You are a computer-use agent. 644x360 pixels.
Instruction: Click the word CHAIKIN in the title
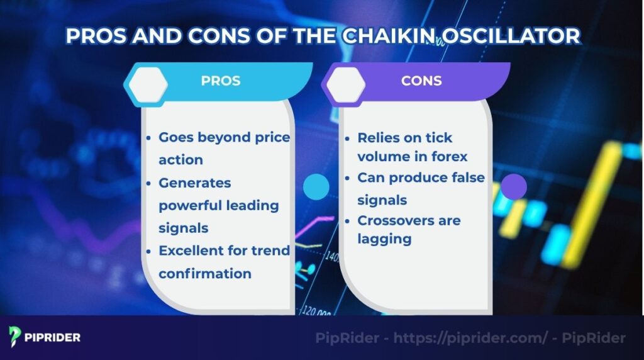(382, 36)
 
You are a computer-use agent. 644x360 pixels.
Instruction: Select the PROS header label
(220, 81)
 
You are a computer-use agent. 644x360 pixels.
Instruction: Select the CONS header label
(421, 81)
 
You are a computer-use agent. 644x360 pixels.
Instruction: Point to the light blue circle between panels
(316, 187)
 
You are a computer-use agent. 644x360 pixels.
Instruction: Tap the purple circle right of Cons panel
(514, 187)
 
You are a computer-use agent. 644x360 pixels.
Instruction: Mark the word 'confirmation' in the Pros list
(205, 273)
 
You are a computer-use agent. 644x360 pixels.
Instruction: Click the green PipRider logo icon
(14, 337)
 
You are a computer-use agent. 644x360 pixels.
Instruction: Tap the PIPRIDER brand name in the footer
(53, 337)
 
